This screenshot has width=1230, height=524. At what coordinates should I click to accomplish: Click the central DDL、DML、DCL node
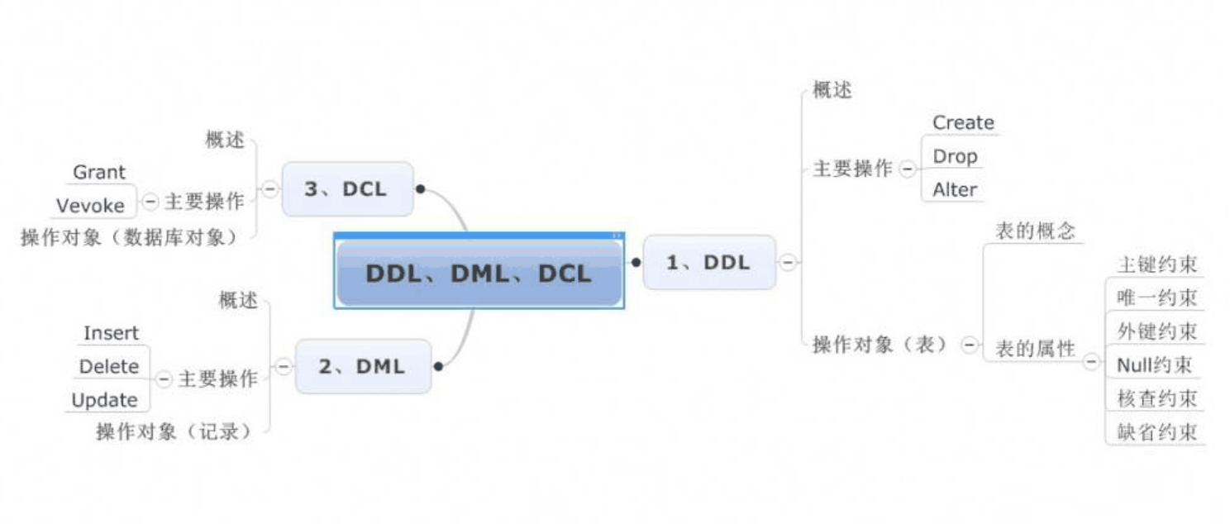point(479,274)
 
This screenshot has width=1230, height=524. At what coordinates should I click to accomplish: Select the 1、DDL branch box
point(708,263)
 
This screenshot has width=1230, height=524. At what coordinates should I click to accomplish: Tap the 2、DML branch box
point(363,366)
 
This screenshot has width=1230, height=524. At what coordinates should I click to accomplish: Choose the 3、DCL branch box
point(346,189)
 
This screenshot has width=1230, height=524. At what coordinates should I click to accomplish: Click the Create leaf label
point(963,122)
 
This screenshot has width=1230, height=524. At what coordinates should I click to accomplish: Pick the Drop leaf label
point(955,156)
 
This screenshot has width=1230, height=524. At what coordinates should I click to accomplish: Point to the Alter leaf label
point(955,189)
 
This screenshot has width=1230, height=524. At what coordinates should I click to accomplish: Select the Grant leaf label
point(99,172)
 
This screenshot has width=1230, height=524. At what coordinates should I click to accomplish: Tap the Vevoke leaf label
point(90,205)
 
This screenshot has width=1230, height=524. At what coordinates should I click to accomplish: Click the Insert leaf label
point(111,333)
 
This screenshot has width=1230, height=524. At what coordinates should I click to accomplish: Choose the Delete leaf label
point(109,366)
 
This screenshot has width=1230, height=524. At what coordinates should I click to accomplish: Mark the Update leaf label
point(104,400)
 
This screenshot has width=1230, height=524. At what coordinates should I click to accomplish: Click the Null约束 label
point(1154,364)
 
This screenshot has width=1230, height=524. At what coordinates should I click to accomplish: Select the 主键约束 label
point(1156,264)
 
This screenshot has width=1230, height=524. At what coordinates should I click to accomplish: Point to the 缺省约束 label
point(1156,431)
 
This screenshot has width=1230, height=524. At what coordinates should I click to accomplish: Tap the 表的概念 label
point(1035,231)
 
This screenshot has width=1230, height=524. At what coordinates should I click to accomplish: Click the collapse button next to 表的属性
point(1092,361)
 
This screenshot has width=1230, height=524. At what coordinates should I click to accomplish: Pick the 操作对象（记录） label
point(174,431)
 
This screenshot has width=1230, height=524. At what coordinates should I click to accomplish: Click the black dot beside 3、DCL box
point(420,189)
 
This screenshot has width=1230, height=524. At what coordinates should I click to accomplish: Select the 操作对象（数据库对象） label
point(130,237)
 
